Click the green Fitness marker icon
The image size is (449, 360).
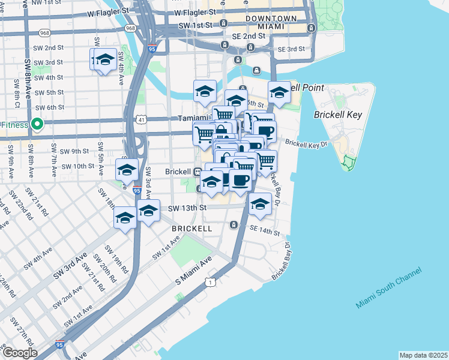point(37,125)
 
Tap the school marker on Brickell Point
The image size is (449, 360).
point(279,93)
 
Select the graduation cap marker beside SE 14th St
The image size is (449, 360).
point(260,205)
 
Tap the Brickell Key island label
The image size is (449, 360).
point(338,114)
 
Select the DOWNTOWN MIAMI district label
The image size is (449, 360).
point(271,23)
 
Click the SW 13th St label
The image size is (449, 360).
point(187,208)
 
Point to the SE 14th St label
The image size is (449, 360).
point(265,231)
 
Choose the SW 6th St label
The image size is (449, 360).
point(49,107)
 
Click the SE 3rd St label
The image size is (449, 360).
point(291,49)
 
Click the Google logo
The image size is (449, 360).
point(19,353)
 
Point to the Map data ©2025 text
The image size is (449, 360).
point(423,355)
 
